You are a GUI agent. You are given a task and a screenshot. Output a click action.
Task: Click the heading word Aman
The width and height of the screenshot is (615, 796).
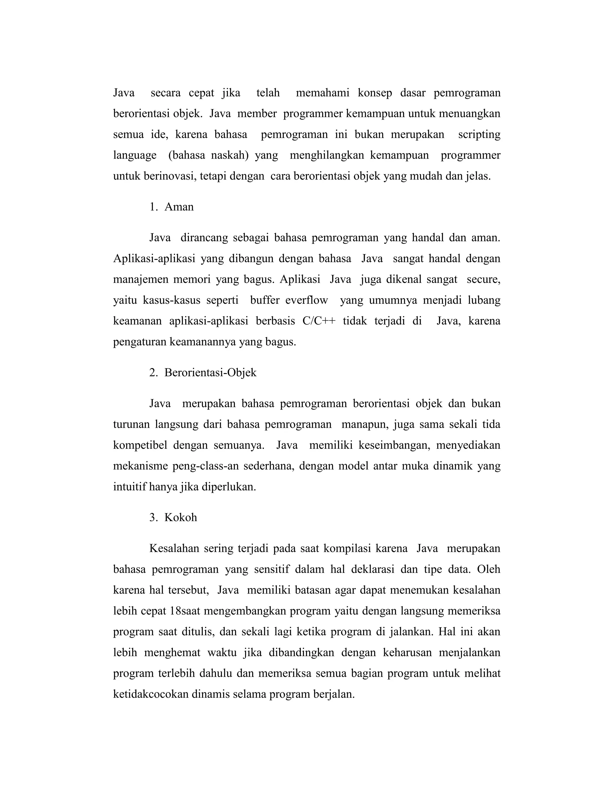point(179,207)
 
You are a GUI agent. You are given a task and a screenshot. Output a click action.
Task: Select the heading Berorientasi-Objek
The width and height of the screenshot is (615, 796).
point(210,372)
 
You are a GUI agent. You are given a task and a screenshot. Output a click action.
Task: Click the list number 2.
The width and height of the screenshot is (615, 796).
point(153,372)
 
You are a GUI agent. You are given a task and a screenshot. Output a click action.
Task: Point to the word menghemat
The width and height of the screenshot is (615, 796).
point(172,652)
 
